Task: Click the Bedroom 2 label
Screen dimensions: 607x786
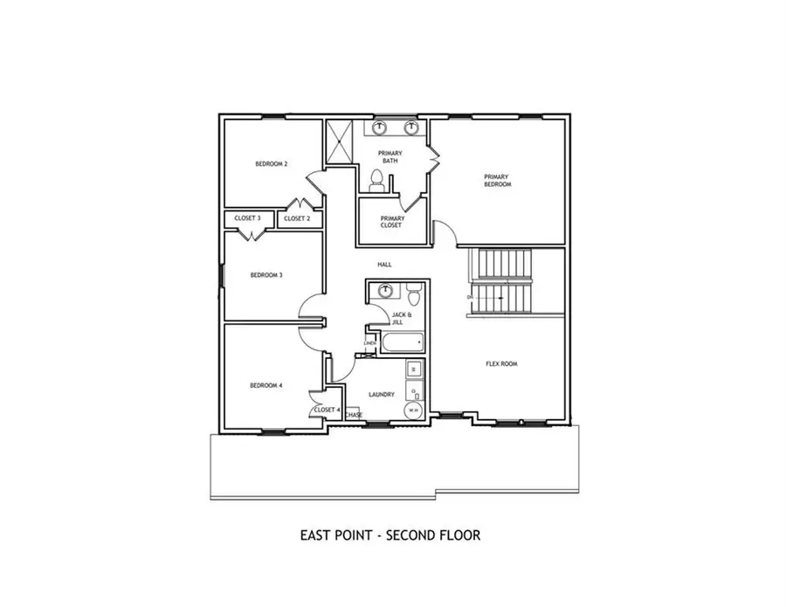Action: pyautogui.click(x=272, y=164)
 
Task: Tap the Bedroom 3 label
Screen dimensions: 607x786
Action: pyautogui.click(x=266, y=275)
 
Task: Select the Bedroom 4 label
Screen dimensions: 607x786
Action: pyautogui.click(x=266, y=385)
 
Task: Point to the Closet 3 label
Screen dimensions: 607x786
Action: pyautogui.click(x=249, y=218)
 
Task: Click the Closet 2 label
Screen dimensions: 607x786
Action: pyautogui.click(x=297, y=218)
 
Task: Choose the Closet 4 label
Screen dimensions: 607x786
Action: pyautogui.click(x=326, y=409)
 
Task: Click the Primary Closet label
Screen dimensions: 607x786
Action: pyautogui.click(x=392, y=222)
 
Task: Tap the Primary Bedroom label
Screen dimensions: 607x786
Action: pyautogui.click(x=497, y=181)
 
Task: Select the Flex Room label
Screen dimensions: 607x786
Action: pyautogui.click(x=501, y=363)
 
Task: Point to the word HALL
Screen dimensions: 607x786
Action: pyautogui.click(x=384, y=264)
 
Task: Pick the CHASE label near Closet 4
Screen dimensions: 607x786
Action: pyautogui.click(x=354, y=415)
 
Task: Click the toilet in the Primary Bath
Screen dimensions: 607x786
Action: pyautogui.click(x=376, y=180)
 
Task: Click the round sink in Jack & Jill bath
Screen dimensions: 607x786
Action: pyautogui.click(x=386, y=291)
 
